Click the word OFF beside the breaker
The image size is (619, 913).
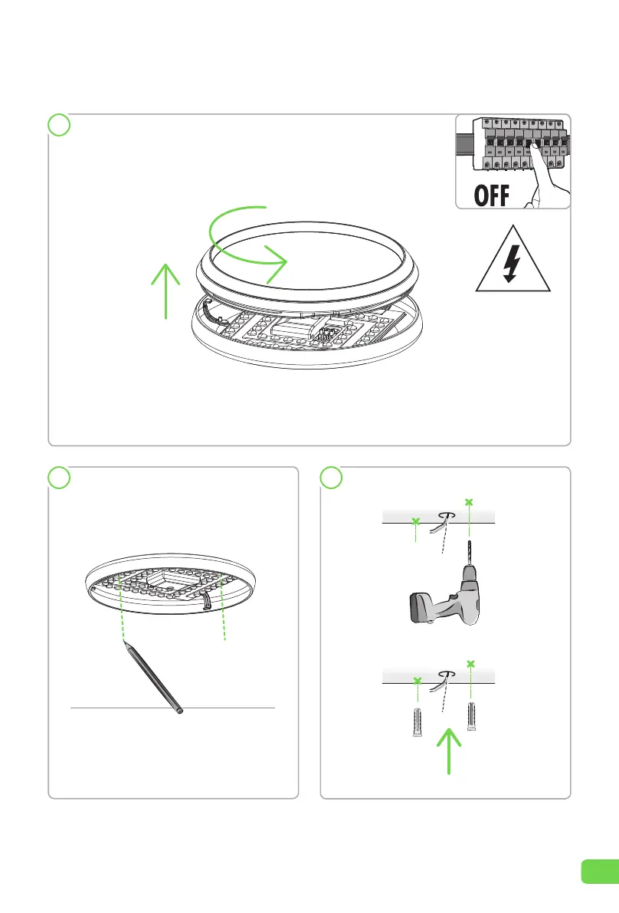pos(492,195)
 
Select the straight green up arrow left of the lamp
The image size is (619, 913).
pos(165,291)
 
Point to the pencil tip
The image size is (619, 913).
pos(125,642)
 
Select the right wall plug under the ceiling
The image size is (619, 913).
pos(470,716)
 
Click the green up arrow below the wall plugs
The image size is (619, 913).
pos(448,751)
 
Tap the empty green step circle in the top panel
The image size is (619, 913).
pos(59,125)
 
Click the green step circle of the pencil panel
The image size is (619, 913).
pos(59,478)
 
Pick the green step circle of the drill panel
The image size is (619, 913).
pos(331,478)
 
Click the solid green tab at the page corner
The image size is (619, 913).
pos(600,872)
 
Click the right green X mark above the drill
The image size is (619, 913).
pos(469,502)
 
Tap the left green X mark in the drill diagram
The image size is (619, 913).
pos(415,522)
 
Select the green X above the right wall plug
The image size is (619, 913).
pos(470,664)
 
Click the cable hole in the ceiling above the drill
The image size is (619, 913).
pos(446,514)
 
